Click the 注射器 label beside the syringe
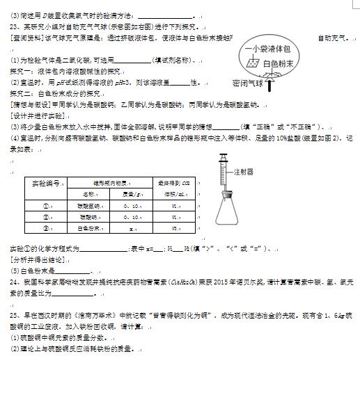coord(244,171)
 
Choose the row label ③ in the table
coord(46,228)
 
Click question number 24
coord(14,282)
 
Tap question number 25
coord(14,315)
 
